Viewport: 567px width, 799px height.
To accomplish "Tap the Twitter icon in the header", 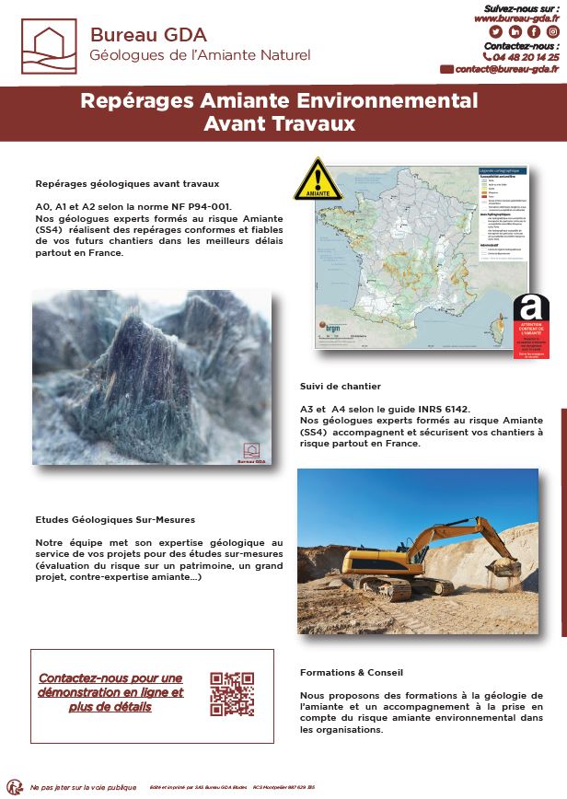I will coord(495,31).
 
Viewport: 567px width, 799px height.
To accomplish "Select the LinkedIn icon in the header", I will coord(515,31).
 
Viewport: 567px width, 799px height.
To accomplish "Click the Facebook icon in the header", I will coord(534,31).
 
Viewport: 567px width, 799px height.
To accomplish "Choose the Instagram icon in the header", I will coord(553,31).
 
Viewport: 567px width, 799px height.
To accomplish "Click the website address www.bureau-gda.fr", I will coord(516,17).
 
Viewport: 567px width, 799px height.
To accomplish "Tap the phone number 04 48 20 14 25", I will coord(526,57).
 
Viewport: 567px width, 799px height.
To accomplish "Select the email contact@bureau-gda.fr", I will coord(507,69).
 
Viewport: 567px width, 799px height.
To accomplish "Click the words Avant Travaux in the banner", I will coord(279,122).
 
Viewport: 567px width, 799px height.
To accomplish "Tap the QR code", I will coord(231,694).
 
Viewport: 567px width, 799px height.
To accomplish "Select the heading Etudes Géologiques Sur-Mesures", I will coord(115,520).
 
